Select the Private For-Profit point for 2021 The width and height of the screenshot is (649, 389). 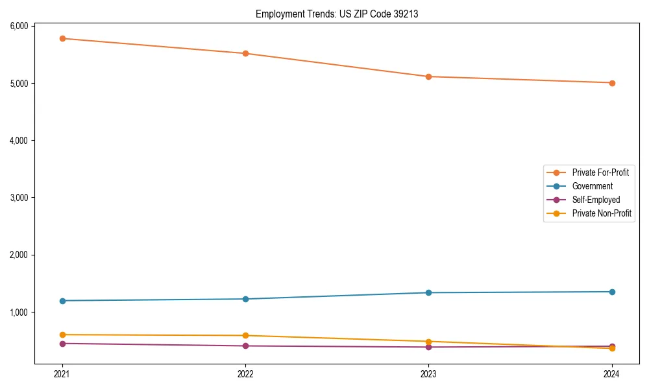coord(62,38)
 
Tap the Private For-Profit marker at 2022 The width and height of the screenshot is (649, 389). coord(245,53)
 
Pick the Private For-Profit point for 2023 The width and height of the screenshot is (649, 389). coord(428,77)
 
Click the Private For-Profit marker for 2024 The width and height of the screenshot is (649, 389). coord(612,83)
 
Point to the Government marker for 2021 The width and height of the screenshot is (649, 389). coord(62,301)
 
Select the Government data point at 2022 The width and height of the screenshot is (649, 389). coord(245,299)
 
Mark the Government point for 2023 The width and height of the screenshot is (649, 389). coord(428,292)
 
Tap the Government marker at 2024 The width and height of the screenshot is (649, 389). coord(612,292)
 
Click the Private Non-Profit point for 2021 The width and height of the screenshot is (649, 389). coord(62,335)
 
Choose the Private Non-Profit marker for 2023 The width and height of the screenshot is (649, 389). coord(428,342)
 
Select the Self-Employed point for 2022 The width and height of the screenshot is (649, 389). coord(245,346)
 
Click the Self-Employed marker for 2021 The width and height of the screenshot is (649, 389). coord(62,344)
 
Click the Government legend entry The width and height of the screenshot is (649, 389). coord(592,186)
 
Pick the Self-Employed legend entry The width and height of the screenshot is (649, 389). coord(596,200)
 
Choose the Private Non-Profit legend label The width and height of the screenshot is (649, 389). coord(602,213)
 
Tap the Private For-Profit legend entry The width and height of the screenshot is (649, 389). coord(600,172)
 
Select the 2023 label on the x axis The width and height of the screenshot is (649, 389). coord(428,373)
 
